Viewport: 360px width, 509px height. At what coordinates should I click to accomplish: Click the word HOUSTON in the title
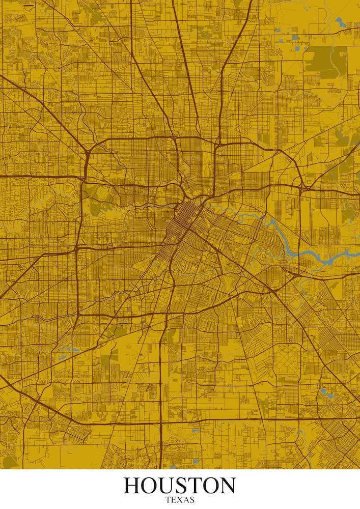click(x=180, y=486)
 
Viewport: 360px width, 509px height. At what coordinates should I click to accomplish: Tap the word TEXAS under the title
click(x=180, y=500)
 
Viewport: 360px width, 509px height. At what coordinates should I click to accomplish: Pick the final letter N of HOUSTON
click(x=227, y=486)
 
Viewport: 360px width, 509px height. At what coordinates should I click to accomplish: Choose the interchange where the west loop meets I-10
click(x=82, y=178)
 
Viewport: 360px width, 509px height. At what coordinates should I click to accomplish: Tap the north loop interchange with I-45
click(x=216, y=145)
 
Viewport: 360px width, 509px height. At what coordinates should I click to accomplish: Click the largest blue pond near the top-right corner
click(x=340, y=21)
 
